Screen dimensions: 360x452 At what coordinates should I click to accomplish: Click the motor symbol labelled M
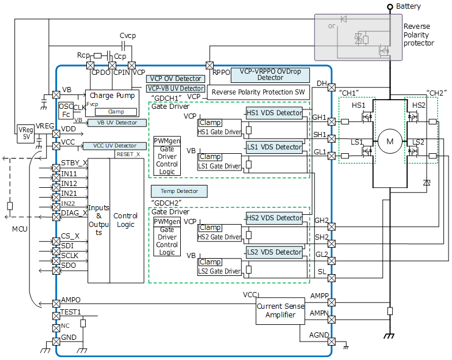(389, 141)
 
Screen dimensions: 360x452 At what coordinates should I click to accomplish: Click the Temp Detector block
(178, 190)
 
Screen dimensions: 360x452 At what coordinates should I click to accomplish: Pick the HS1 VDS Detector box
(274, 112)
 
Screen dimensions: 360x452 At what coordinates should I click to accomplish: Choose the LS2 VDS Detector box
(274, 252)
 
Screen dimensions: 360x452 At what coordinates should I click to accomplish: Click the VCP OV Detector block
(175, 78)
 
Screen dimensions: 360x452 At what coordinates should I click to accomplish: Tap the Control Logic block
(126, 220)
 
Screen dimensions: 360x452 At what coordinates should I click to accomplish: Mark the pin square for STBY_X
(56, 163)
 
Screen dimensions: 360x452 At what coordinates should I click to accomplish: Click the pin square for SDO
(56, 265)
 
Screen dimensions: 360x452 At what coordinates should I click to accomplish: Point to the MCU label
(20, 229)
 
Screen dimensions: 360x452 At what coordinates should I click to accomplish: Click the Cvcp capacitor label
(128, 36)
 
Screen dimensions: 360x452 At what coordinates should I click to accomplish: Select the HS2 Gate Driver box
(219, 237)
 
